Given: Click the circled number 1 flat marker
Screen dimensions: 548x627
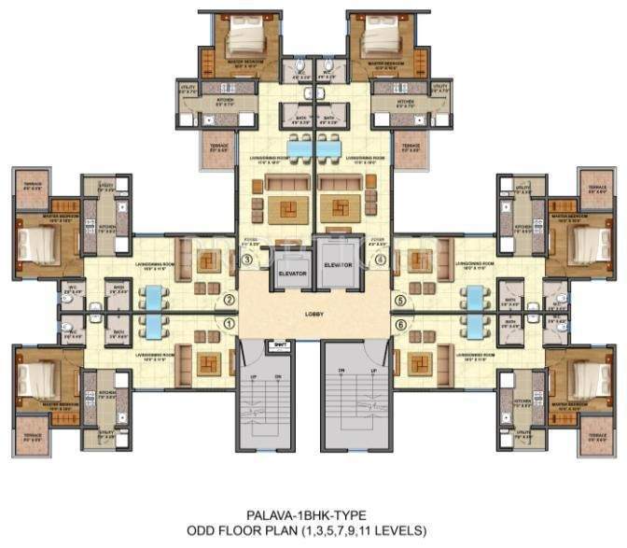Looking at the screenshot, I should click(229, 324).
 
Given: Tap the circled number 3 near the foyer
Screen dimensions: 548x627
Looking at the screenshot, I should click(246, 259).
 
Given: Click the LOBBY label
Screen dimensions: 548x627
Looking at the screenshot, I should click(313, 315).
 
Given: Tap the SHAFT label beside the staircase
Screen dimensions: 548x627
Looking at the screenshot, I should click(280, 344).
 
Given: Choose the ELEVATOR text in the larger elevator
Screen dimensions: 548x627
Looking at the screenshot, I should click(337, 264).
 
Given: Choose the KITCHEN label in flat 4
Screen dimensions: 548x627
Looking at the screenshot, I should click(405, 103).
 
